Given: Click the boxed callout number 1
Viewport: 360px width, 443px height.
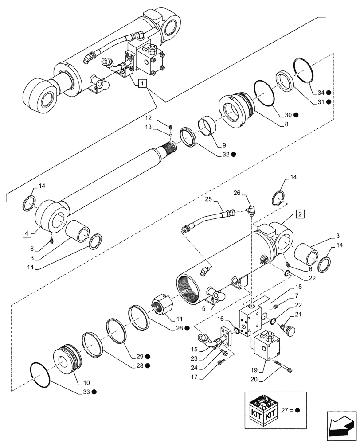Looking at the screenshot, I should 141,83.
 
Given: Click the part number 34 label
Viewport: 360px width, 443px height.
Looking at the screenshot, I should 321,93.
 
